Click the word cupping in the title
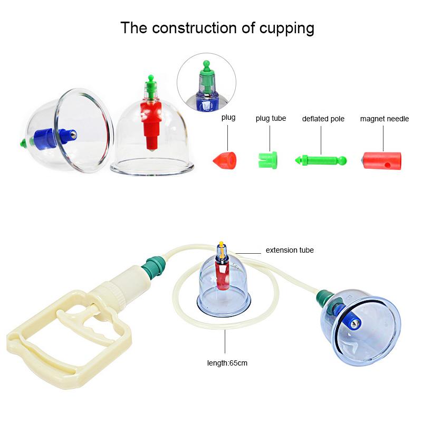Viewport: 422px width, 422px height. (286, 28)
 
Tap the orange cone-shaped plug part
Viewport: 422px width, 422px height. (225, 160)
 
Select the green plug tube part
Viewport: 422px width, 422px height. (268, 160)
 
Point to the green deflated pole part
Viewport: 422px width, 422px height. (321, 161)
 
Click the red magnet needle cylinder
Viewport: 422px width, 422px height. (381, 161)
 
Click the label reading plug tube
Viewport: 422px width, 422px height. (271, 118)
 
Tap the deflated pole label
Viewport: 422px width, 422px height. (323, 119)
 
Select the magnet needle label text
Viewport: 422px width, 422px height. (385, 119)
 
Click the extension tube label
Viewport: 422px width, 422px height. (290, 250)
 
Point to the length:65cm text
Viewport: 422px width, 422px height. (227, 363)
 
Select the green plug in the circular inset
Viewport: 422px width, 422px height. (206, 76)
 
